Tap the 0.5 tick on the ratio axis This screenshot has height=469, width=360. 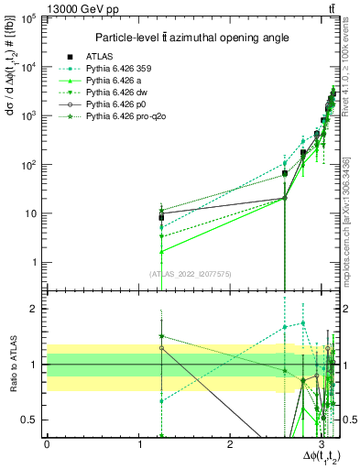pos(32,420)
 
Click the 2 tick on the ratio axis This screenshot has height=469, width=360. pos(36,309)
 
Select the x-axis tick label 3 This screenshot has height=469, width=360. pos(322,444)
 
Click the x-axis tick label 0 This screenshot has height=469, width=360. pos(47,444)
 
